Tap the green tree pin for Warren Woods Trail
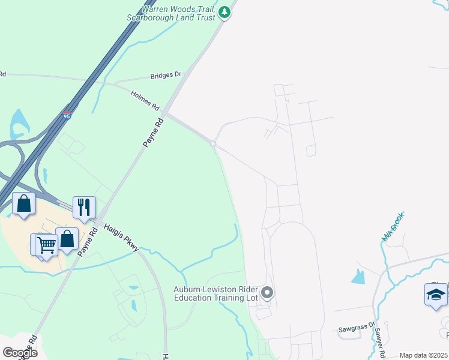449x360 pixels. coord(224,12)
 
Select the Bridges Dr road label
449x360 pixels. coord(165,75)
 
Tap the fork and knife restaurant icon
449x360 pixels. coord(84,207)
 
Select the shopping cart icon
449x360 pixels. coord(46,245)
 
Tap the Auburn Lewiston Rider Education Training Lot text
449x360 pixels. coord(215,293)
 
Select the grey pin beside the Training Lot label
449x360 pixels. coord(267,293)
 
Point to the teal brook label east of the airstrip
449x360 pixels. coord(393,227)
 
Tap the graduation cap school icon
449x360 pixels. coord(436,295)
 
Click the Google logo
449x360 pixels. coord(20,352)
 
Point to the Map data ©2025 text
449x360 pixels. coord(423,355)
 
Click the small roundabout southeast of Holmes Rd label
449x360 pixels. coord(212,143)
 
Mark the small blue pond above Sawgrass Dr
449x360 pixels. coord(359,277)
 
